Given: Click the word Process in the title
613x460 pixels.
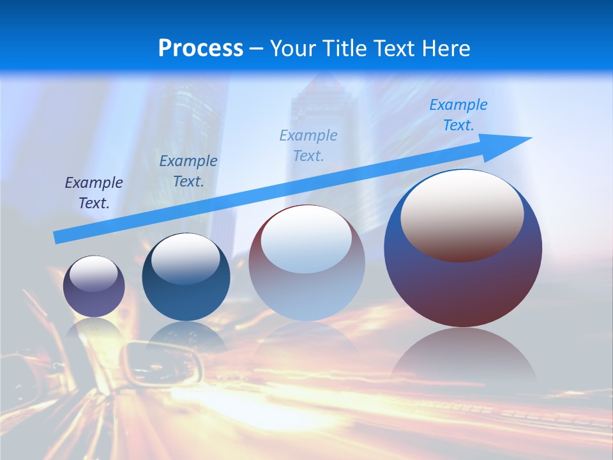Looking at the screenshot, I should click(x=201, y=49).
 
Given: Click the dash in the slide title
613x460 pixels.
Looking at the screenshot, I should click(x=256, y=49).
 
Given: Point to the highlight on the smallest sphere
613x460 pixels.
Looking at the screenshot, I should click(x=94, y=273).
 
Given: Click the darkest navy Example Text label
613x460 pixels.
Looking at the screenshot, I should click(x=94, y=193).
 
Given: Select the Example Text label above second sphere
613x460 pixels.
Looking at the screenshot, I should click(x=188, y=171).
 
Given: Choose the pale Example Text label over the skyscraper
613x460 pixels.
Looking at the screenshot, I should click(x=308, y=145).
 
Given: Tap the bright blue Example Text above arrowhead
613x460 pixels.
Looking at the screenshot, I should click(x=458, y=115).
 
